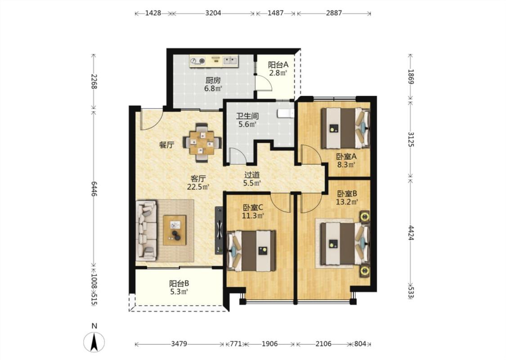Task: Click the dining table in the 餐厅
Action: click(202, 142)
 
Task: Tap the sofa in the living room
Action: click(146, 230)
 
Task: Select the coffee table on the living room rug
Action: click(175, 230)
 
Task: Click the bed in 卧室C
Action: click(252, 250)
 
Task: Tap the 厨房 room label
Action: click(213, 81)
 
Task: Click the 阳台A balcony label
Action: click(278, 64)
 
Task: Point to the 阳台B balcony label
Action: click(179, 284)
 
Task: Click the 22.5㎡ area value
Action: click(198, 187)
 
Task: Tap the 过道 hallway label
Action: click(252, 175)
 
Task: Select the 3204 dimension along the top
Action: click(213, 13)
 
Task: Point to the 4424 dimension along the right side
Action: click(411, 233)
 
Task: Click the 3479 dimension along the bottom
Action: click(179, 344)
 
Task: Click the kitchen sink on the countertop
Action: click(230, 60)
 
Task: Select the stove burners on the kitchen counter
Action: click(198, 60)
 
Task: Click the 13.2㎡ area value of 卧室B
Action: click(347, 202)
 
